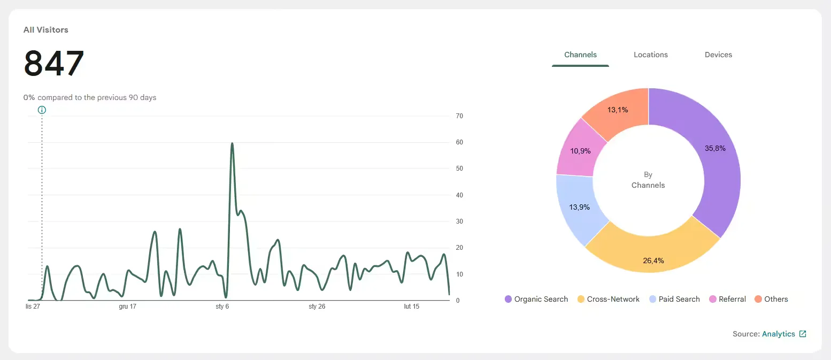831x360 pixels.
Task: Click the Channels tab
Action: [x=580, y=55]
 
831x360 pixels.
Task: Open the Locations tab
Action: [x=650, y=55]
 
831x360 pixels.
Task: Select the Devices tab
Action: [x=718, y=55]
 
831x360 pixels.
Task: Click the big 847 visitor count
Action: [x=54, y=63]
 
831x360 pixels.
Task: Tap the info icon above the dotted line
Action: [x=42, y=110]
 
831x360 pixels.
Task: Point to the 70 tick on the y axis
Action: [x=459, y=116]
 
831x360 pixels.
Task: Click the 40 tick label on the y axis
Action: [x=459, y=195]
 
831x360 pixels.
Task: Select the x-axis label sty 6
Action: [x=222, y=306]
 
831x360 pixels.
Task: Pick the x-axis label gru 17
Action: [x=127, y=306]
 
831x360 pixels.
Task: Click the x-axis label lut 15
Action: [x=411, y=306]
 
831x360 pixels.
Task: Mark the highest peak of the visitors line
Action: [x=232, y=143]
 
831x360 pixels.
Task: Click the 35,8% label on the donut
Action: [x=715, y=148]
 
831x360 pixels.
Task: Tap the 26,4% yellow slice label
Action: [x=653, y=261]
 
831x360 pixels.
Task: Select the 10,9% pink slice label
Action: [x=580, y=151]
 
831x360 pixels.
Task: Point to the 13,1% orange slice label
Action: [x=617, y=110]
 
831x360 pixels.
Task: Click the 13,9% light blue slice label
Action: [x=579, y=207]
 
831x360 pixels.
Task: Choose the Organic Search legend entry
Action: [x=536, y=299]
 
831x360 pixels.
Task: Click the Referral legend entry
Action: [x=727, y=299]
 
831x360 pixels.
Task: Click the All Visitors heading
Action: [x=45, y=30]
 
